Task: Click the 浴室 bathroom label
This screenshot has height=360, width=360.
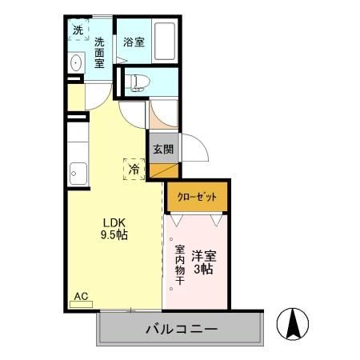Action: tap(134, 42)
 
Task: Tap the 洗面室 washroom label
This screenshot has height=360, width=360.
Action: tap(100, 53)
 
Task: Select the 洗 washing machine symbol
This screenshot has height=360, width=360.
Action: tap(78, 30)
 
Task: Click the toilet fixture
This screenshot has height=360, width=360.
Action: tap(137, 81)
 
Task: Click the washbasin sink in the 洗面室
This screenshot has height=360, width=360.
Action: tap(76, 63)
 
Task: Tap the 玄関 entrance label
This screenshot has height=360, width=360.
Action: tap(163, 148)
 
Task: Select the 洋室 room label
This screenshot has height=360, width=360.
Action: tap(204, 258)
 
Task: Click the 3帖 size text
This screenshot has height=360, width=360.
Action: tap(204, 270)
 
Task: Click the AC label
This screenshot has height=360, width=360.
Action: tap(81, 296)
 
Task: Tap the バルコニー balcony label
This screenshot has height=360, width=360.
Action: tap(182, 328)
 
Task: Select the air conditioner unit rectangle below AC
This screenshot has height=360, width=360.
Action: tap(81, 305)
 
